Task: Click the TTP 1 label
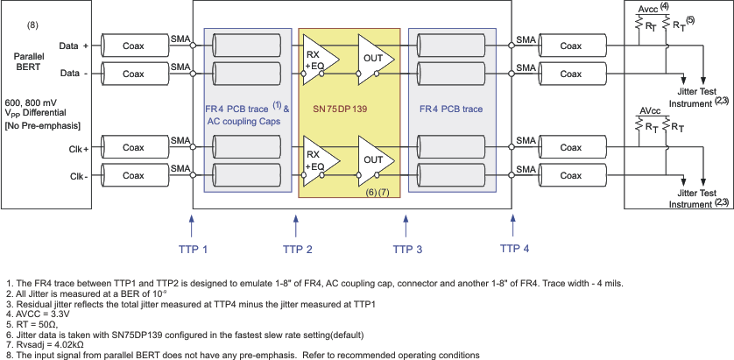click(193, 250)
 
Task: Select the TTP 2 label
click(298, 250)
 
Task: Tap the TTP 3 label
click(407, 250)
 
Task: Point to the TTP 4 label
click(514, 248)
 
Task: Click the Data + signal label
click(74, 45)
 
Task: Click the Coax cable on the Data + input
click(133, 44)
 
